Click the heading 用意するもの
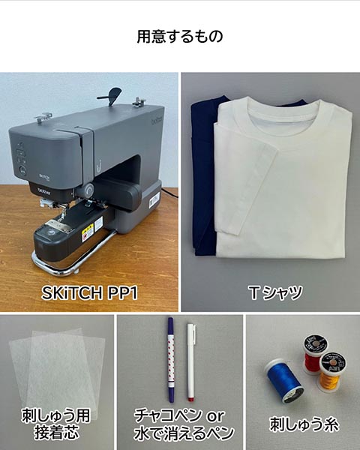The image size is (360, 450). click(180, 37)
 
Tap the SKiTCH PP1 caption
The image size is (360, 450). click(89, 292)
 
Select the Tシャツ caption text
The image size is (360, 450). click(275, 292)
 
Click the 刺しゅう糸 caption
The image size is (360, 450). click(304, 424)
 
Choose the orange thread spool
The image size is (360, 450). click(331, 372)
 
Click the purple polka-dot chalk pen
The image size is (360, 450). click(171, 359)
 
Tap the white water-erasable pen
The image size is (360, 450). click(191, 362)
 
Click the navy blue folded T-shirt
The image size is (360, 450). click(203, 178)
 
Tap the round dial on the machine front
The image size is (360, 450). click(88, 190)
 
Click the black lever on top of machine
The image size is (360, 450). click(111, 95)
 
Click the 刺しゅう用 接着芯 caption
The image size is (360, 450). click(56, 424)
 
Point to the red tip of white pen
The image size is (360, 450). click(190, 399)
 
